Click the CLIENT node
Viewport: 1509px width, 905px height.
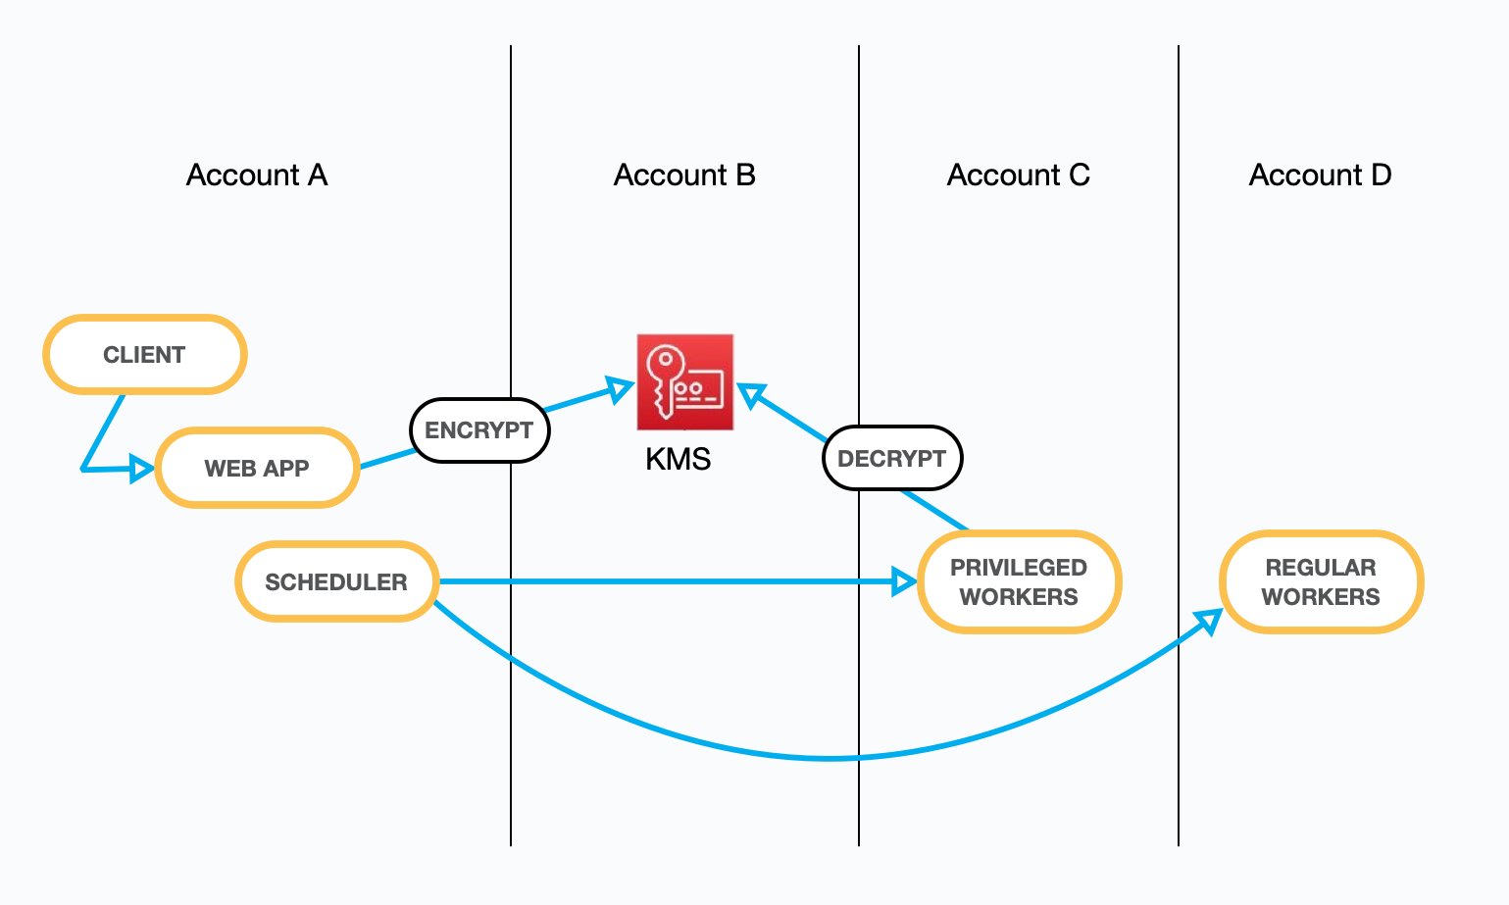[x=145, y=355]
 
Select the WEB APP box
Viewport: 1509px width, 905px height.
[x=257, y=468]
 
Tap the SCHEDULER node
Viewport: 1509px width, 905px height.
[x=336, y=581]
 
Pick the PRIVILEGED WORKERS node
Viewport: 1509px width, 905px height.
[x=1019, y=582]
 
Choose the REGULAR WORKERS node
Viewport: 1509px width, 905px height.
[x=1321, y=582]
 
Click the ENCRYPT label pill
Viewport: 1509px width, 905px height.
[x=479, y=429]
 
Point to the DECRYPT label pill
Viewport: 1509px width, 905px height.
[x=892, y=458]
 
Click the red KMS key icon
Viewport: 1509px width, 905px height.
[x=685, y=382]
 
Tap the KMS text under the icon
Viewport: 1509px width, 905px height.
[x=678, y=459]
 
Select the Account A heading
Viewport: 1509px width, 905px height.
[x=257, y=176]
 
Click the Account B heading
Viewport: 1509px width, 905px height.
[x=684, y=176]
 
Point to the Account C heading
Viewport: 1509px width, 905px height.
[x=1019, y=176]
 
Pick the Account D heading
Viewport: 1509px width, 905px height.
[x=1321, y=176]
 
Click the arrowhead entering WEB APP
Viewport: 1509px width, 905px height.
[x=141, y=469]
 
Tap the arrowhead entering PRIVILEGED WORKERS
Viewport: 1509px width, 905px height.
[x=904, y=581]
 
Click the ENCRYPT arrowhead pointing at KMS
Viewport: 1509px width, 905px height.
[x=621, y=389]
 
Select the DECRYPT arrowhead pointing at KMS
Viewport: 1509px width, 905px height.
[x=751, y=394]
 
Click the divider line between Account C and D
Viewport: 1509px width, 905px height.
[x=1179, y=445]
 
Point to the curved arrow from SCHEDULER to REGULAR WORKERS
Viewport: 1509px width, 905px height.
[x=830, y=759]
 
